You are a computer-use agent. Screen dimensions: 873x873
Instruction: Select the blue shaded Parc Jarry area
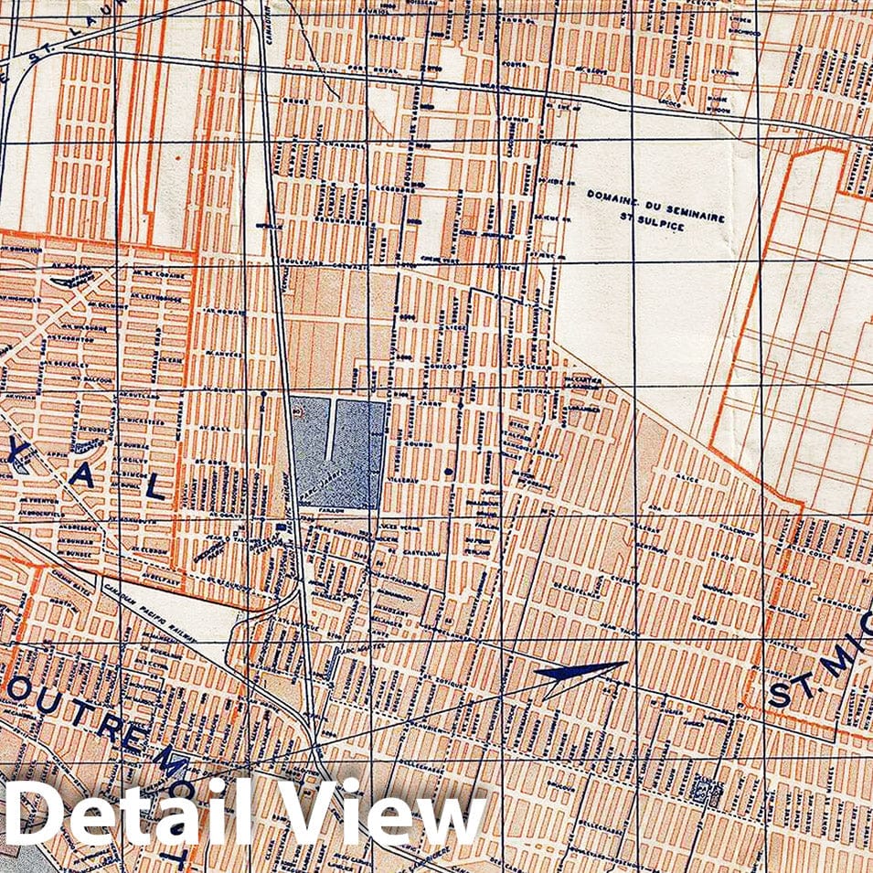(x=338, y=452)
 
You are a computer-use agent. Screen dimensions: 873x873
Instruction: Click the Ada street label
(x=652, y=506)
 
